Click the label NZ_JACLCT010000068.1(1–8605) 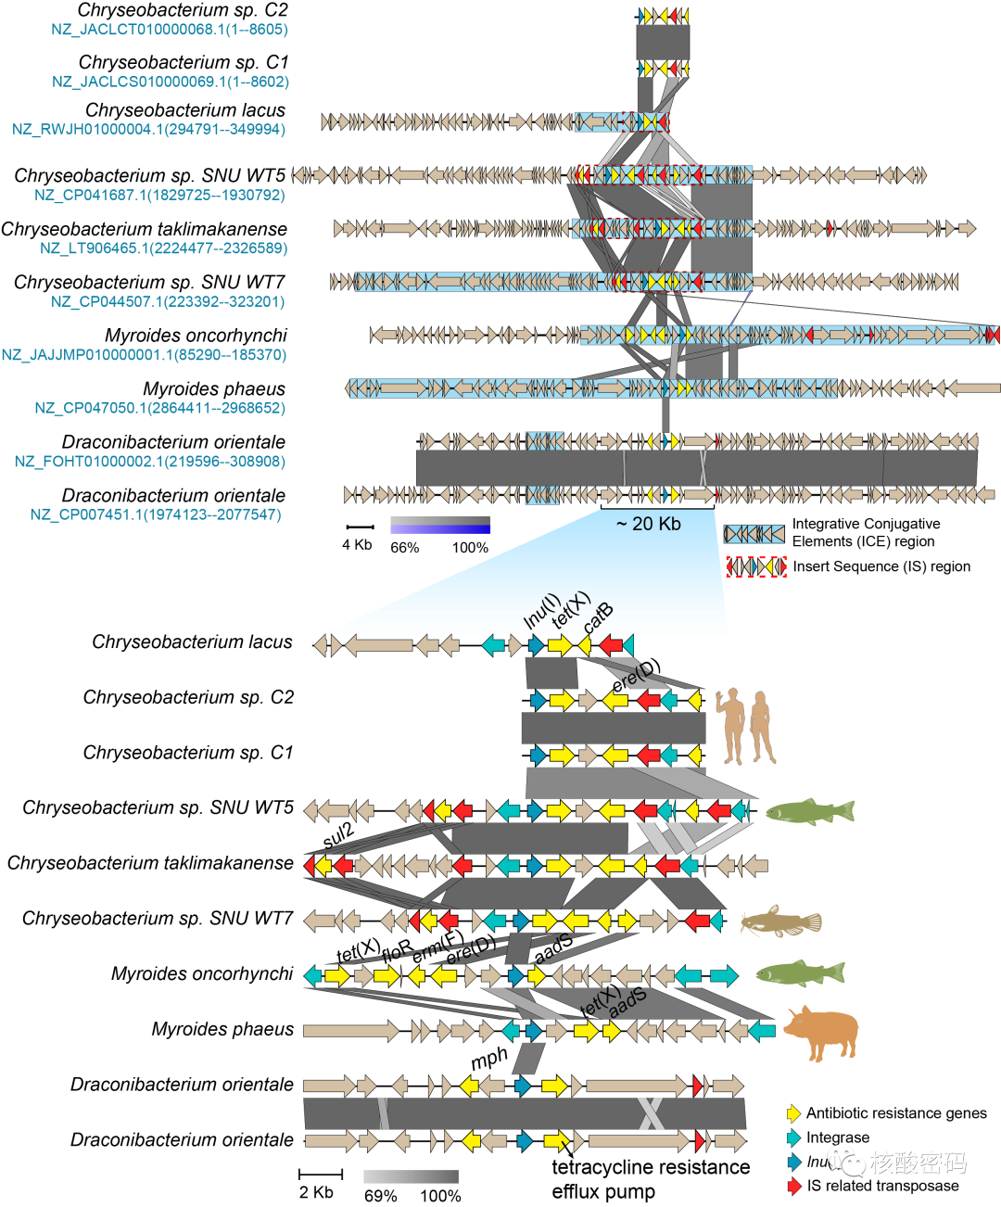point(170,30)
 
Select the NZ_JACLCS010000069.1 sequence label point(171,82)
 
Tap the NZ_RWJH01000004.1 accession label point(148,129)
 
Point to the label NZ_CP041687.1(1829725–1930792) point(159,195)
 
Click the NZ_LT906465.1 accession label point(163,248)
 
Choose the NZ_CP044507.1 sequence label point(168,301)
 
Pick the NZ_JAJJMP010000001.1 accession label point(144,355)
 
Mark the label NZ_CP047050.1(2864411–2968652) point(159,408)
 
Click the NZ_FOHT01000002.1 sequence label point(149,462)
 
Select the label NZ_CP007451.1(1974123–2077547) point(156,515)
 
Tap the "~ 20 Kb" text point(648,524)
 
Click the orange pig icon point(822,1031)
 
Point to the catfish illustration point(780,921)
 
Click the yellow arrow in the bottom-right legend point(793,1113)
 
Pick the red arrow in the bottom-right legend point(793,1186)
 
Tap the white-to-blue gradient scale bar point(440,525)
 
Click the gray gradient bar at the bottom point(411,1176)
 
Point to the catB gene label point(599,618)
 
